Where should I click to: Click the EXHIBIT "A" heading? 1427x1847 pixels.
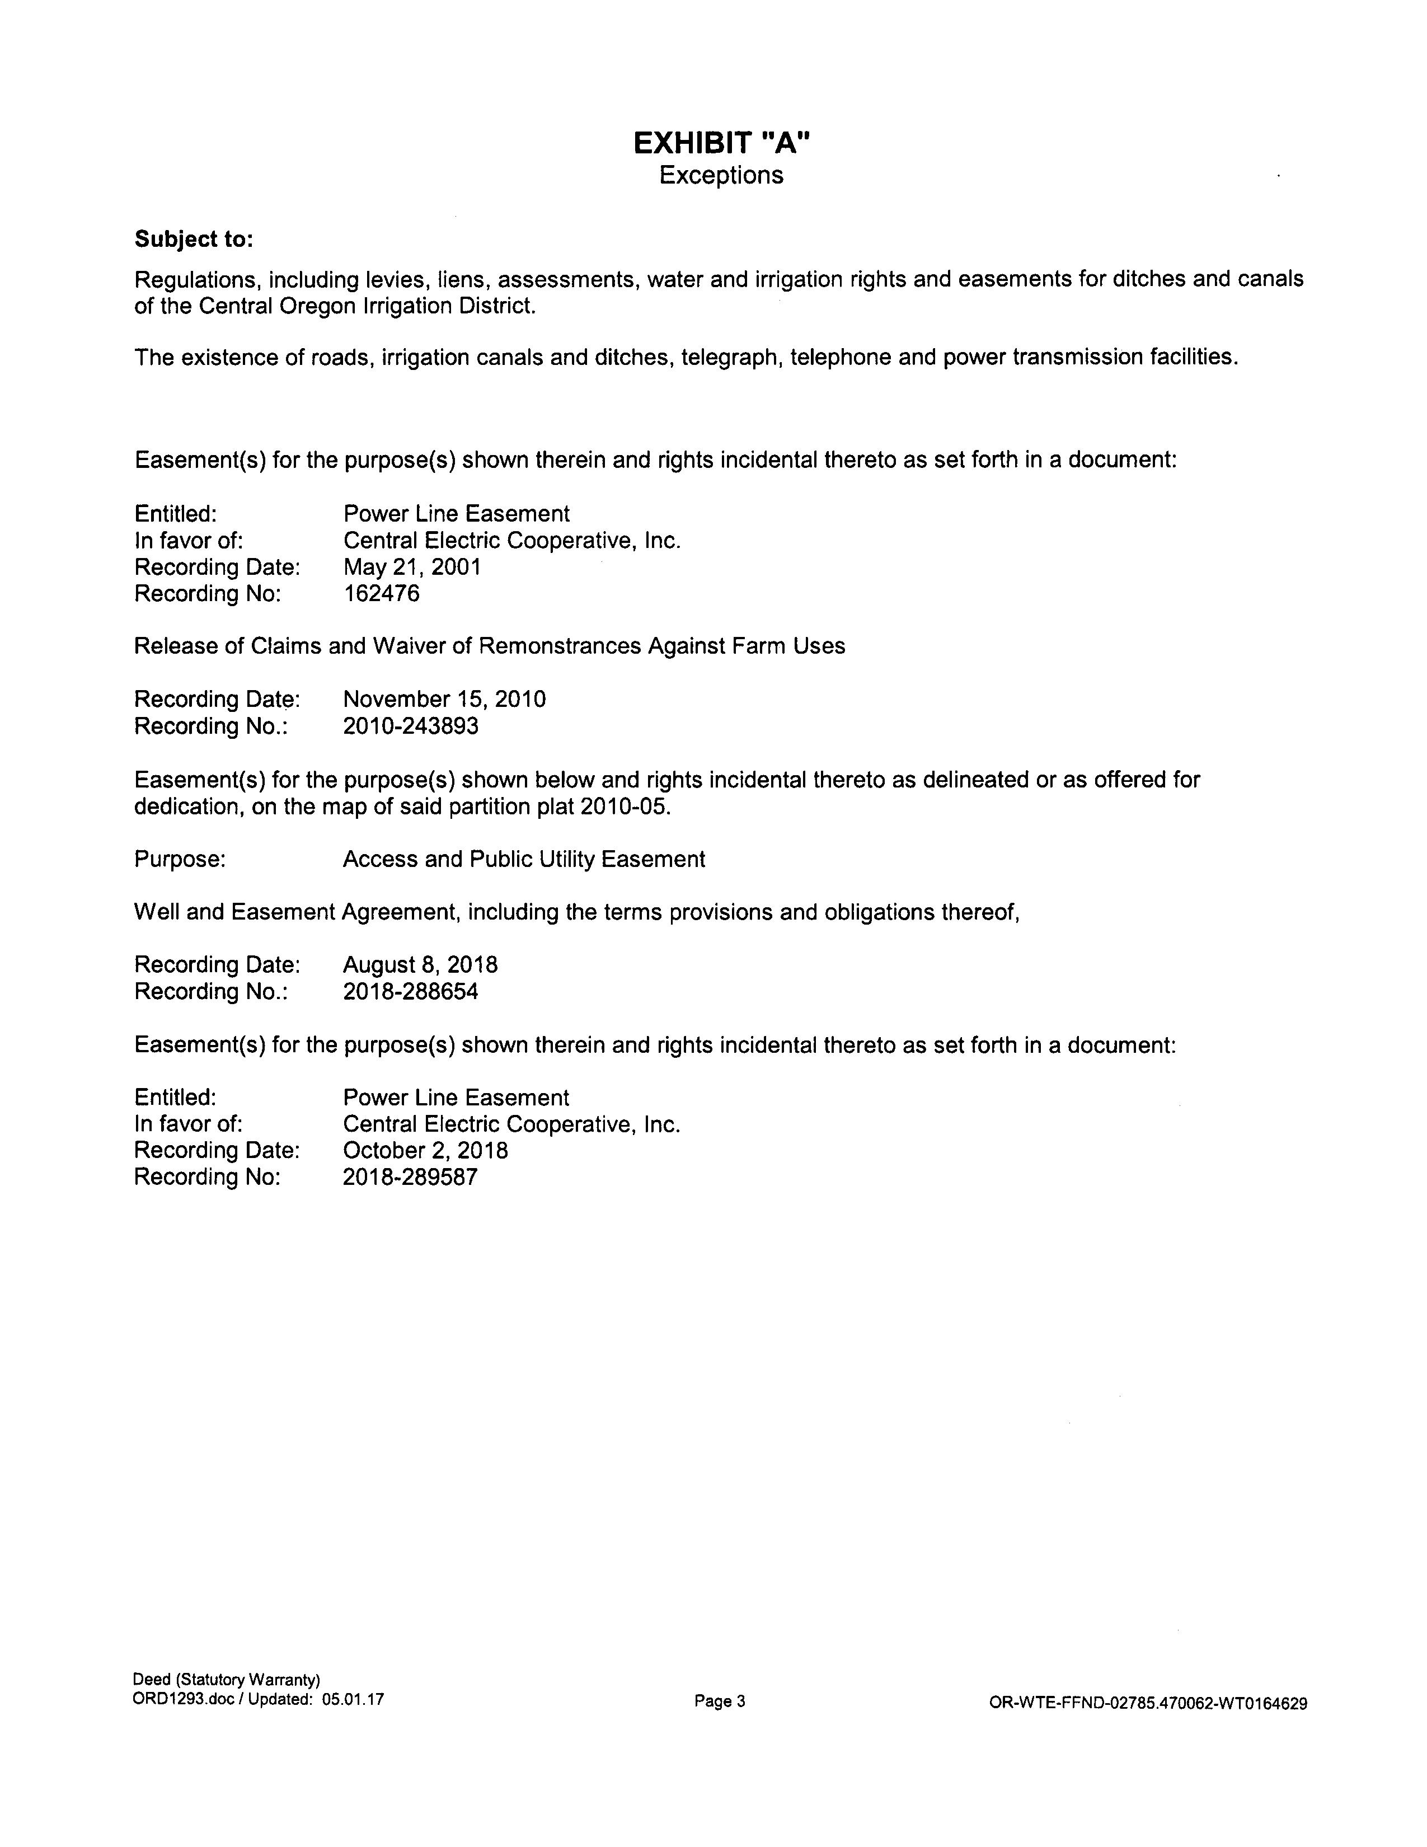tap(721, 144)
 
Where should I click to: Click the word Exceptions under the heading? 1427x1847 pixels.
tap(721, 175)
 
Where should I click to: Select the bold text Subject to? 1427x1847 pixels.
tap(194, 240)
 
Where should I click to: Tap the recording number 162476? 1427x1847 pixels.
tap(381, 594)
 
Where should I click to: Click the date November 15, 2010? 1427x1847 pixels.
tap(444, 700)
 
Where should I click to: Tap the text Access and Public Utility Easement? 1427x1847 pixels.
tap(523, 859)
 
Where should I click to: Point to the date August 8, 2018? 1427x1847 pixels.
tap(420, 965)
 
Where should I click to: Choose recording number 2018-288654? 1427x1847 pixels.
tap(410, 991)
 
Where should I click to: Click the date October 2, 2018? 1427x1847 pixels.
tap(425, 1150)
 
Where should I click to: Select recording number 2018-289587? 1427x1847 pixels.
tap(410, 1177)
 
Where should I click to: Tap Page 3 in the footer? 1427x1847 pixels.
tap(720, 1701)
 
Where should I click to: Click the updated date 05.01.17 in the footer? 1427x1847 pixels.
tap(353, 1699)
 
